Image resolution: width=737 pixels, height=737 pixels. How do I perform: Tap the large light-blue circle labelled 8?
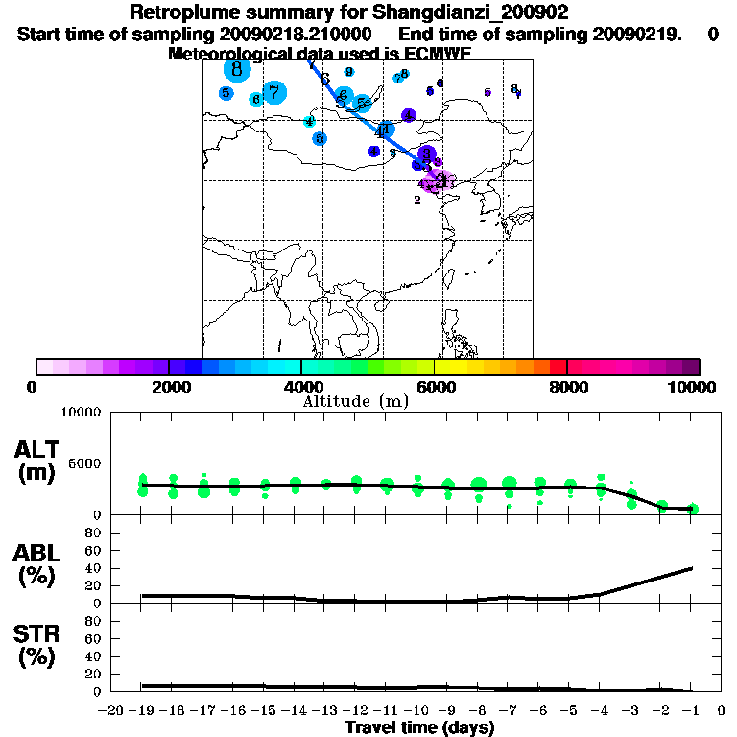[236, 69]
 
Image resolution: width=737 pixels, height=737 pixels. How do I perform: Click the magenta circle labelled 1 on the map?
[440, 179]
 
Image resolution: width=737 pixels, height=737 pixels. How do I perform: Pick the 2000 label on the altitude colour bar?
[169, 387]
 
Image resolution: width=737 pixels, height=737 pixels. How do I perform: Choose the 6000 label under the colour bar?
[435, 387]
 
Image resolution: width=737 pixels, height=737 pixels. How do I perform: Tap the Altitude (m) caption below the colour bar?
[355, 401]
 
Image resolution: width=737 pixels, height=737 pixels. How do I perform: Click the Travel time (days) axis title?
[419, 727]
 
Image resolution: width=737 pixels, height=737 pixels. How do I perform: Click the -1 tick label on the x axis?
[691, 710]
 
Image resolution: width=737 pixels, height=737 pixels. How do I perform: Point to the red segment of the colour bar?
[558, 367]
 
